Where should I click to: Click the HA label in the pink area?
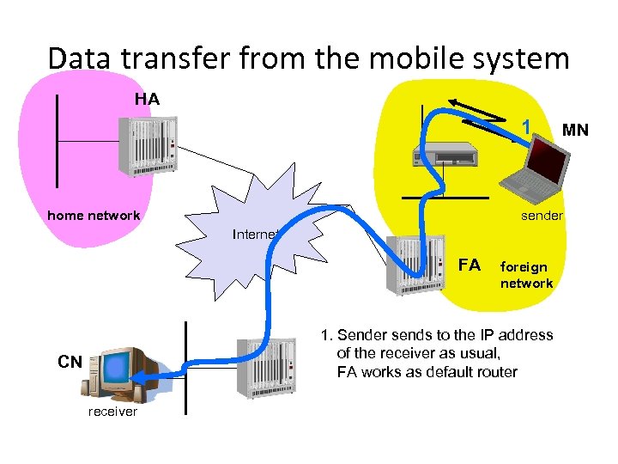pos(147,100)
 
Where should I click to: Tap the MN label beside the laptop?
pos(575,131)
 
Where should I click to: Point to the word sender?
pos(542,216)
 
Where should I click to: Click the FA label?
pos(470,265)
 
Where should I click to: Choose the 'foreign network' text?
pos(526,275)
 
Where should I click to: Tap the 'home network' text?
pos(94,216)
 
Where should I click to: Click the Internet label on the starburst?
pos(255,234)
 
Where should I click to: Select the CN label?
pos(70,362)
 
